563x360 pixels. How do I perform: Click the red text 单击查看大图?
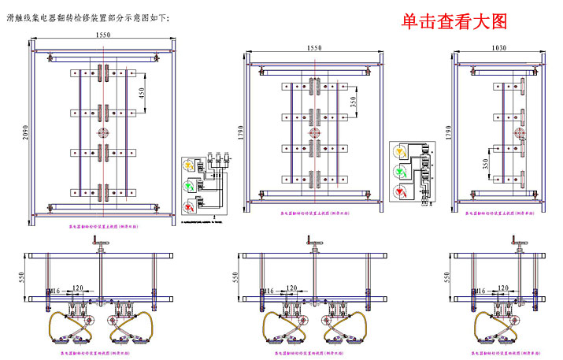[x=454, y=22]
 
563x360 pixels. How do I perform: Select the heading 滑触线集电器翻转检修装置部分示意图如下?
[x=87, y=17]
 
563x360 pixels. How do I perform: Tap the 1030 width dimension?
[x=498, y=48]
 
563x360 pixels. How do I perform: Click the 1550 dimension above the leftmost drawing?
[x=102, y=35]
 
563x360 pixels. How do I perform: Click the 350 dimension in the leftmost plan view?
[x=143, y=93]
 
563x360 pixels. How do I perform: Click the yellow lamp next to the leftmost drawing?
[x=189, y=165]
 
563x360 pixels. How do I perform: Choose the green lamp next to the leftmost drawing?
[x=189, y=186]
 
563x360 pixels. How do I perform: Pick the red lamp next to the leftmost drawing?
[x=189, y=206]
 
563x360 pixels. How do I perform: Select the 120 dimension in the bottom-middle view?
[x=291, y=288]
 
